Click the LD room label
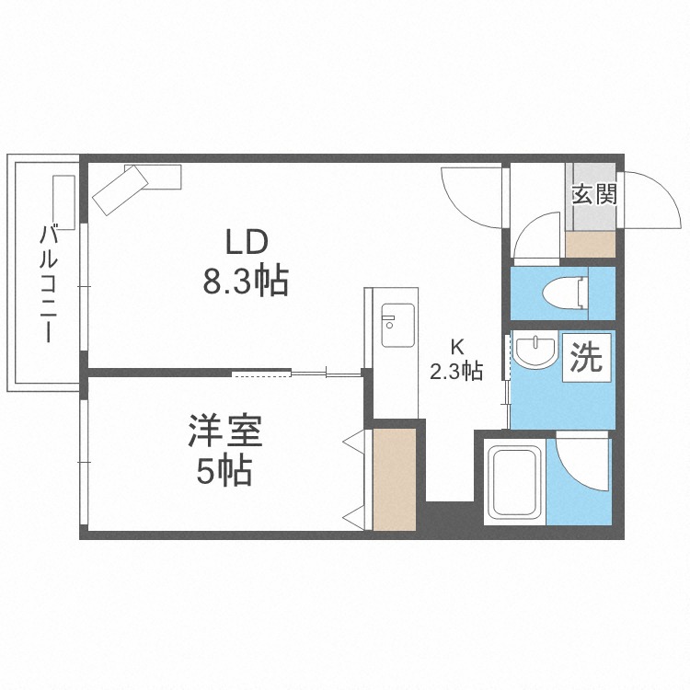pos(247,243)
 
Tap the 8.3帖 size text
pos(245,281)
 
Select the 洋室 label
pos(225,431)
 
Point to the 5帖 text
pos(224,471)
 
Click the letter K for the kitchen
pos(457,348)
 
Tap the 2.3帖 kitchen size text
pos(456,372)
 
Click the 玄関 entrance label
pos(594,194)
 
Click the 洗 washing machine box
pos(587,357)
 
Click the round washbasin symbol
pos(535,351)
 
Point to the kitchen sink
pos(397,325)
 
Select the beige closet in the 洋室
pos(395,479)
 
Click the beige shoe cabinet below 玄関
pos(590,244)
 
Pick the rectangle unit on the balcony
pos(63,202)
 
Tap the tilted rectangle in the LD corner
pos(121,190)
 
